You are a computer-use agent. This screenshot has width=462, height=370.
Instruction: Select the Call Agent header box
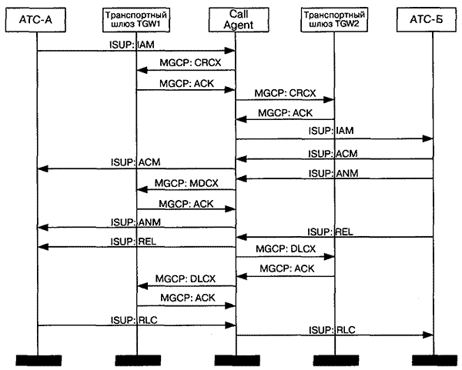pyautogui.click(x=235, y=20)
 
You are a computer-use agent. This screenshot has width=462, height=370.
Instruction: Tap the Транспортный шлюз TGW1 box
pyautogui.click(x=136, y=20)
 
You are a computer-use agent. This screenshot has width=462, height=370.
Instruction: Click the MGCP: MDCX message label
pyautogui.click(x=186, y=182)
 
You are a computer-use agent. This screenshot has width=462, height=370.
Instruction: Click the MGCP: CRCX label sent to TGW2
pyautogui.click(x=286, y=93)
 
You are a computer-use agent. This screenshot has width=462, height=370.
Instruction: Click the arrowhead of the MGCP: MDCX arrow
pyautogui.click(x=141, y=188)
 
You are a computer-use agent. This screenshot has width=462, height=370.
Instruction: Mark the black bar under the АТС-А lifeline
pyautogui.click(x=37, y=360)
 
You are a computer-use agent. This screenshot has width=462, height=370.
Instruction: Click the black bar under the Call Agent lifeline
pyautogui.click(x=235, y=360)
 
